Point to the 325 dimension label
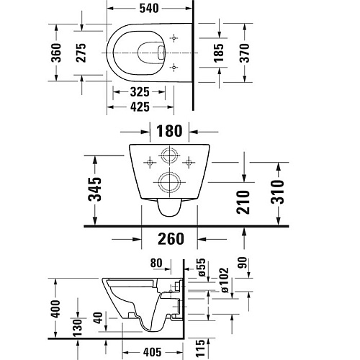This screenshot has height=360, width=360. pyautogui.click(x=142, y=92)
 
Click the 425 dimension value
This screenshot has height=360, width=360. pyautogui.click(x=142, y=107)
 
